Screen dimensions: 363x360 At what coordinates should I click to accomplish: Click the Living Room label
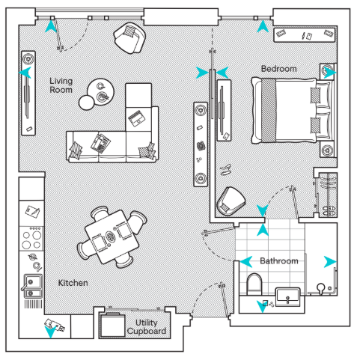pos(61,85)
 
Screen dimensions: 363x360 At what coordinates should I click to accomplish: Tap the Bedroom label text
pos(279,69)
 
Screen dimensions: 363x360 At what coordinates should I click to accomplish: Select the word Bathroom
pos(279,261)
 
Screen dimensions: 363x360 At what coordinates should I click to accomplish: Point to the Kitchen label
pos(73,283)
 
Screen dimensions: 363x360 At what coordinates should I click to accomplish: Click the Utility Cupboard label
pos(147,327)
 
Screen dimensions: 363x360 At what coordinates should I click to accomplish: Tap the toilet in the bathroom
pos(254,284)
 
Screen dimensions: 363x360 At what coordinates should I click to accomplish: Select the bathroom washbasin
pos(287,297)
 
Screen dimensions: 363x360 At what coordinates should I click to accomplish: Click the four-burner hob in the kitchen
pos(31,239)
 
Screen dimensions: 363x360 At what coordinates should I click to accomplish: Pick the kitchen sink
pos(32,286)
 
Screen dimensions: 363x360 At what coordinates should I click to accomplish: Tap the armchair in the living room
pos(129,38)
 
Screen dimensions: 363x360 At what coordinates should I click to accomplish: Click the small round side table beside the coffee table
pos(87,103)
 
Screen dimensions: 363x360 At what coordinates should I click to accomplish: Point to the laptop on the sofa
pos(137,118)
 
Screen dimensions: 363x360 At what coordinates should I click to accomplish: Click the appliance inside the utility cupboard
pos(112,325)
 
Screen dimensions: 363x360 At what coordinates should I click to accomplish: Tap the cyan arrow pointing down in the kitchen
pos(50,332)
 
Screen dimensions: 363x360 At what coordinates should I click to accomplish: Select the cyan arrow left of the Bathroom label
pos(246,262)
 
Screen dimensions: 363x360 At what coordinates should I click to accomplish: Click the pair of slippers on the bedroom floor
pos(225,170)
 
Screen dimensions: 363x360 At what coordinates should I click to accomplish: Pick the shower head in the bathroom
pos(321,287)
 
